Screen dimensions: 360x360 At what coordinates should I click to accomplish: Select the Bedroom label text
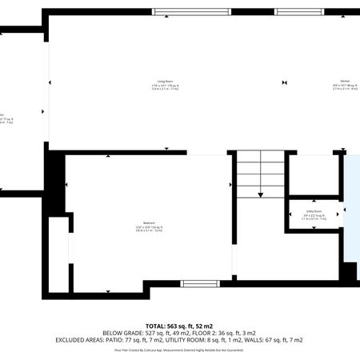click(149, 222)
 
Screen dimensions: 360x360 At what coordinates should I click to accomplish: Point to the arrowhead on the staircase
click(260, 194)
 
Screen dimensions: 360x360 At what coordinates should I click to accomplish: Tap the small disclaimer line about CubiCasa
click(179, 350)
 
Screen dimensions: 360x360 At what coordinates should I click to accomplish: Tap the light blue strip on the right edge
click(352, 216)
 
